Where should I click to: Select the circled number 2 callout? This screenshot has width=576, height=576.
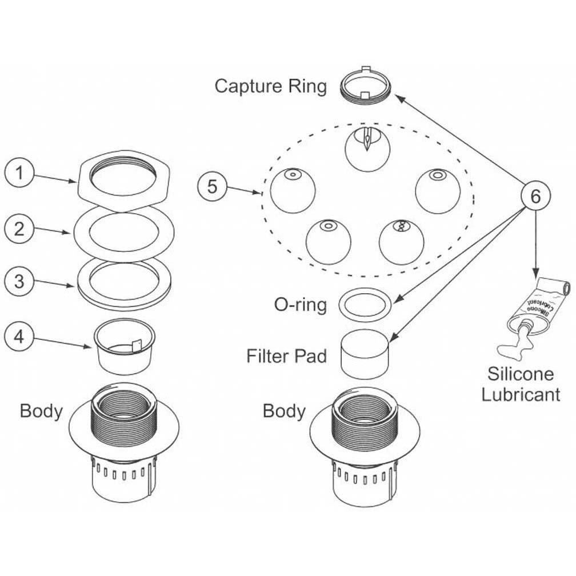click(x=19, y=229)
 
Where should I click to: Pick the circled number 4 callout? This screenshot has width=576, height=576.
click(x=19, y=337)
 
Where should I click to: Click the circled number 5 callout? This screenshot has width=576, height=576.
click(x=213, y=187)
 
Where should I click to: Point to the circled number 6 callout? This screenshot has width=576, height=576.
click(x=535, y=196)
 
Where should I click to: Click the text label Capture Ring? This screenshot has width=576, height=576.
click(x=271, y=86)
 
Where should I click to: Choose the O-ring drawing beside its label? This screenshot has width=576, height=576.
click(x=365, y=303)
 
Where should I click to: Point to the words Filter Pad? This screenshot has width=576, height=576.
click(x=286, y=356)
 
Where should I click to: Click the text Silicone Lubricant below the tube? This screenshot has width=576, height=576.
click(x=520, y=385)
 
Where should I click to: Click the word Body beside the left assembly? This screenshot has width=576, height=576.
click(x=41, y=411)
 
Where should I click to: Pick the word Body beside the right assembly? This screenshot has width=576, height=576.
click(x=284, y=411)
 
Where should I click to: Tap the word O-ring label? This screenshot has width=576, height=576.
click(x=301, y=305)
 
